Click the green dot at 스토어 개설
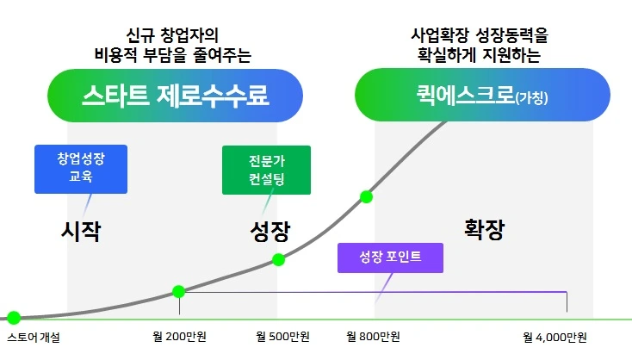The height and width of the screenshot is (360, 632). point(13,317)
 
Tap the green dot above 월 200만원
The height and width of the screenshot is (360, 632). point(179,292)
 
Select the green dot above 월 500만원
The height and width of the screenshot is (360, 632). point(278,259)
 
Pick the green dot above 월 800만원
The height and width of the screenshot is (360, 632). point(366,196)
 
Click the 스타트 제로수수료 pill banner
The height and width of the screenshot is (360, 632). point(176,95)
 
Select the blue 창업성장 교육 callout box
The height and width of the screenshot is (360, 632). point(81,168)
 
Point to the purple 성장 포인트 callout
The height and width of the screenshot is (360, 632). point(391,258)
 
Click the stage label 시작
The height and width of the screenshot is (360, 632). point(81,231)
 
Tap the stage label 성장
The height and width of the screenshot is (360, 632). point(270,231)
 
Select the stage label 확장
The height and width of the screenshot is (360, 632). point(484,229)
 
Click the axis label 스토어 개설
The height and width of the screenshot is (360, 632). point(33,337)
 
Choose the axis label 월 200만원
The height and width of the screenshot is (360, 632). point(179,337)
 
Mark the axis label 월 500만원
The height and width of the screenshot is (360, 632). point(283,337)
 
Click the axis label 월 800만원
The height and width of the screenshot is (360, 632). point(373,337)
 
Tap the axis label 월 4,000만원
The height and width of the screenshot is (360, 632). point(555,337)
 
